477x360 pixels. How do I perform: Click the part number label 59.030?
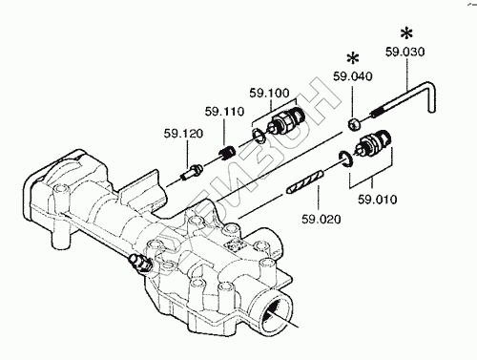pyautogui.click(x=405, y=52)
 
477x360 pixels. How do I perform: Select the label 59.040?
pyautogui.click(x=353, y=76)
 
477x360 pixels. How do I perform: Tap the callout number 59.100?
pyautogui.click(x=269, y=93)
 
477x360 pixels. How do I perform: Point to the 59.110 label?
pyautogui.click(x=224, y=112)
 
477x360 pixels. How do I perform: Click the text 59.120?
pyautogui.click(x=183, y=134)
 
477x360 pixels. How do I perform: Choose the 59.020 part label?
pyautogui.click(x=321, y=220)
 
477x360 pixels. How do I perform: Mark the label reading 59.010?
pyautogui.click(x=378, y=200)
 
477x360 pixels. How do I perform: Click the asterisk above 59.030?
pyautogui.click(x=406, y=33)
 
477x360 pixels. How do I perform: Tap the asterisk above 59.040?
pyautogui.click(x=353, y=58)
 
